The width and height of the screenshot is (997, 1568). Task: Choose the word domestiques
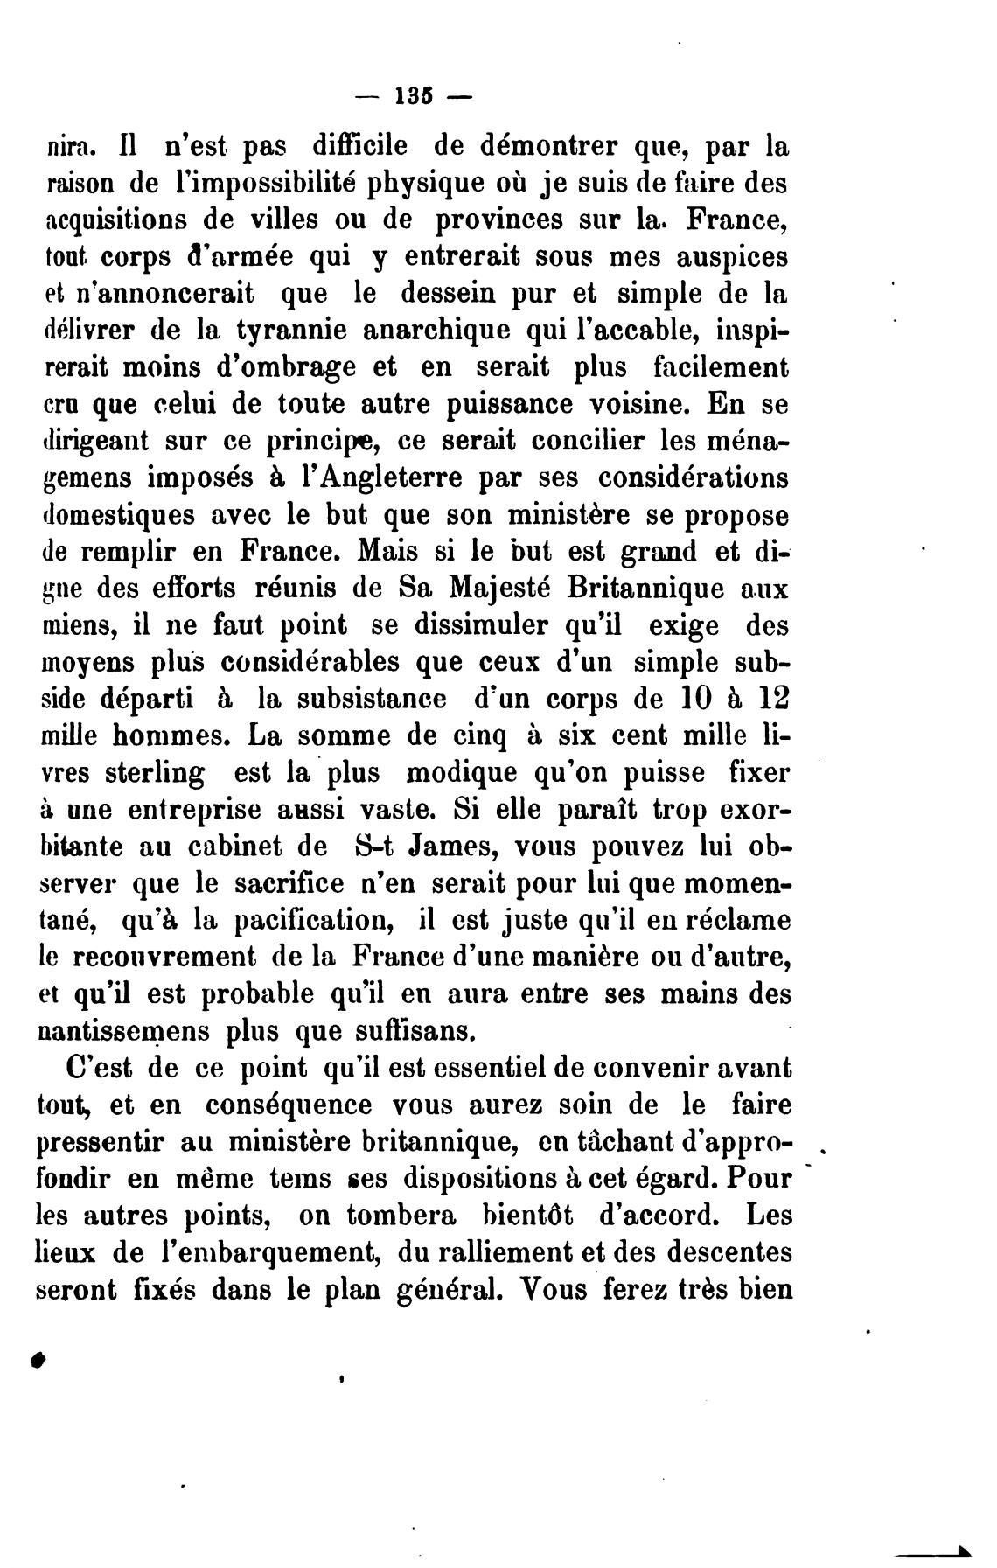tap(115, 516)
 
